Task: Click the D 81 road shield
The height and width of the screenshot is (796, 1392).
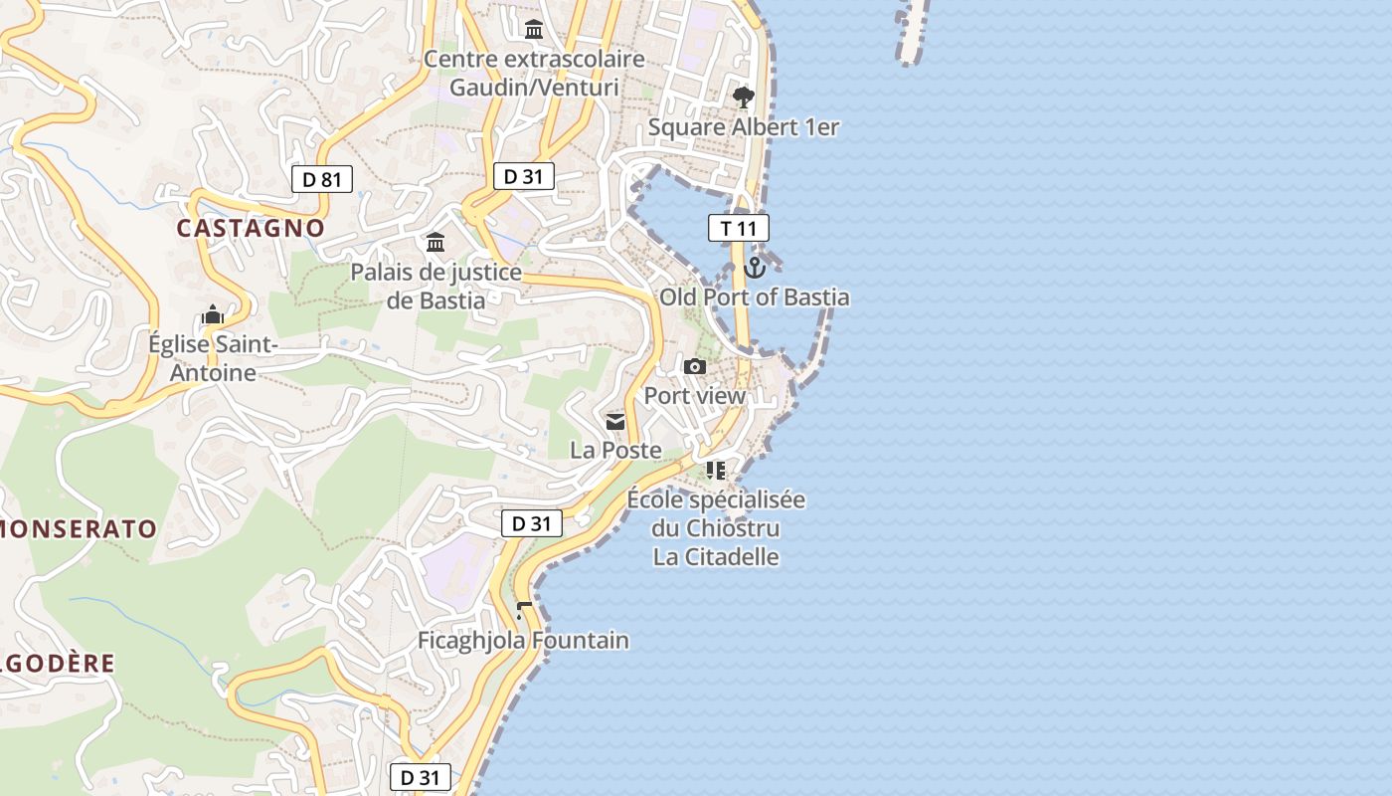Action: (x=322, y=179)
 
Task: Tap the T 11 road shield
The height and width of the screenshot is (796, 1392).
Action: (x=739, y=228)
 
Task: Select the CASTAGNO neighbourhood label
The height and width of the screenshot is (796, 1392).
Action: (x=251, y=228)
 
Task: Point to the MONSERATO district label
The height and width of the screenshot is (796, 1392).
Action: (x=79, y=528)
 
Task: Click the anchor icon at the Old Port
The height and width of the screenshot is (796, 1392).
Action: (x=755, y=267)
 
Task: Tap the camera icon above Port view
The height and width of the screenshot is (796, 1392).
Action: (x=695, y=366)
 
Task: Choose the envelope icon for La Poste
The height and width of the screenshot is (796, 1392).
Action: (x=615, y=421)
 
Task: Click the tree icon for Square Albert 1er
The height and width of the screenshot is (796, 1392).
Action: (x=743, y=97)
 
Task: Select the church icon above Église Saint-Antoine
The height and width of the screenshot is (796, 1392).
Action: (x=212, y=315)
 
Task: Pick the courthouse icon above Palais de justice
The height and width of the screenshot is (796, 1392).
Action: (x=435, y=242)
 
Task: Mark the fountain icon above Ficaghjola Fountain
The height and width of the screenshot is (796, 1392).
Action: (x=524, y=610)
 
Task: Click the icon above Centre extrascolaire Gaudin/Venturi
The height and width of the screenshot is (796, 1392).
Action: (x=534, y=28)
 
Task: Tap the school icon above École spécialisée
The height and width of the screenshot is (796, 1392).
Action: (x=715, y=470)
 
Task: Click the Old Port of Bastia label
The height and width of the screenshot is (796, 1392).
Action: (x=755, y=298)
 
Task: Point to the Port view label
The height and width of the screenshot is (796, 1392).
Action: (x=695, y=395)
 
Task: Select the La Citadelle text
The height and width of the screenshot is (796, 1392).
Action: (x=716, y=556)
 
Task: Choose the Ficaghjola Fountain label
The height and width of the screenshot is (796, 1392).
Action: (x=523, y=640)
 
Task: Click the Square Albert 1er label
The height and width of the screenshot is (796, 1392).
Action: (x=744, y=127)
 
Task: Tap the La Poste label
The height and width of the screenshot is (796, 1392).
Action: (x=615, y=450)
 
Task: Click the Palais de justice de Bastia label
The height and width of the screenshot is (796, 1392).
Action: (x=435, y=286)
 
